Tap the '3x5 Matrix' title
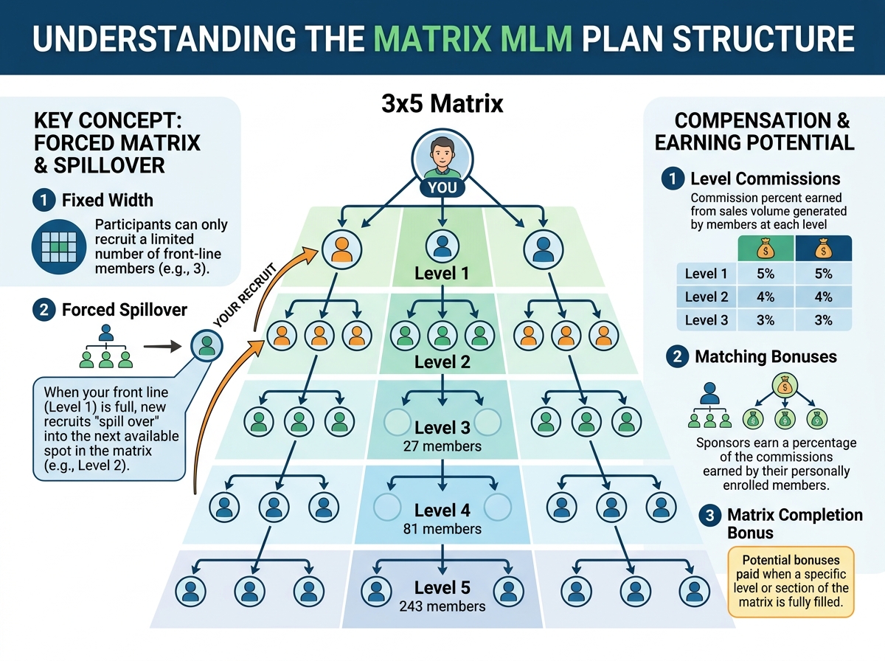click(x=442, y=104)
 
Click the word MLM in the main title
click(x=534, y=38)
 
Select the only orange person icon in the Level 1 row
click(x=341, y=249)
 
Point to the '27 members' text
click(x=442, y=446)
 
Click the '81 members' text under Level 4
click(x=442, y=528)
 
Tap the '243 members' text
click(x=442, y=606)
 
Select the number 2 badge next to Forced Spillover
click(x=44, y=310)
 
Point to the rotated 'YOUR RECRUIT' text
click(x=243, y=295)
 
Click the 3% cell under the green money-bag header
click(x=765, y=320)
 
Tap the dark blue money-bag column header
click(x=823, y=249)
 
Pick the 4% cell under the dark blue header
click(x=823, y=297)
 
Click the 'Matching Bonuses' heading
click(x=766, y=357)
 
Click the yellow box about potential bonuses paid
click(x=791, y=582)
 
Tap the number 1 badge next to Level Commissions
click(x=673, y=179)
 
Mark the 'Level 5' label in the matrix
click(x=442, y=588)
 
